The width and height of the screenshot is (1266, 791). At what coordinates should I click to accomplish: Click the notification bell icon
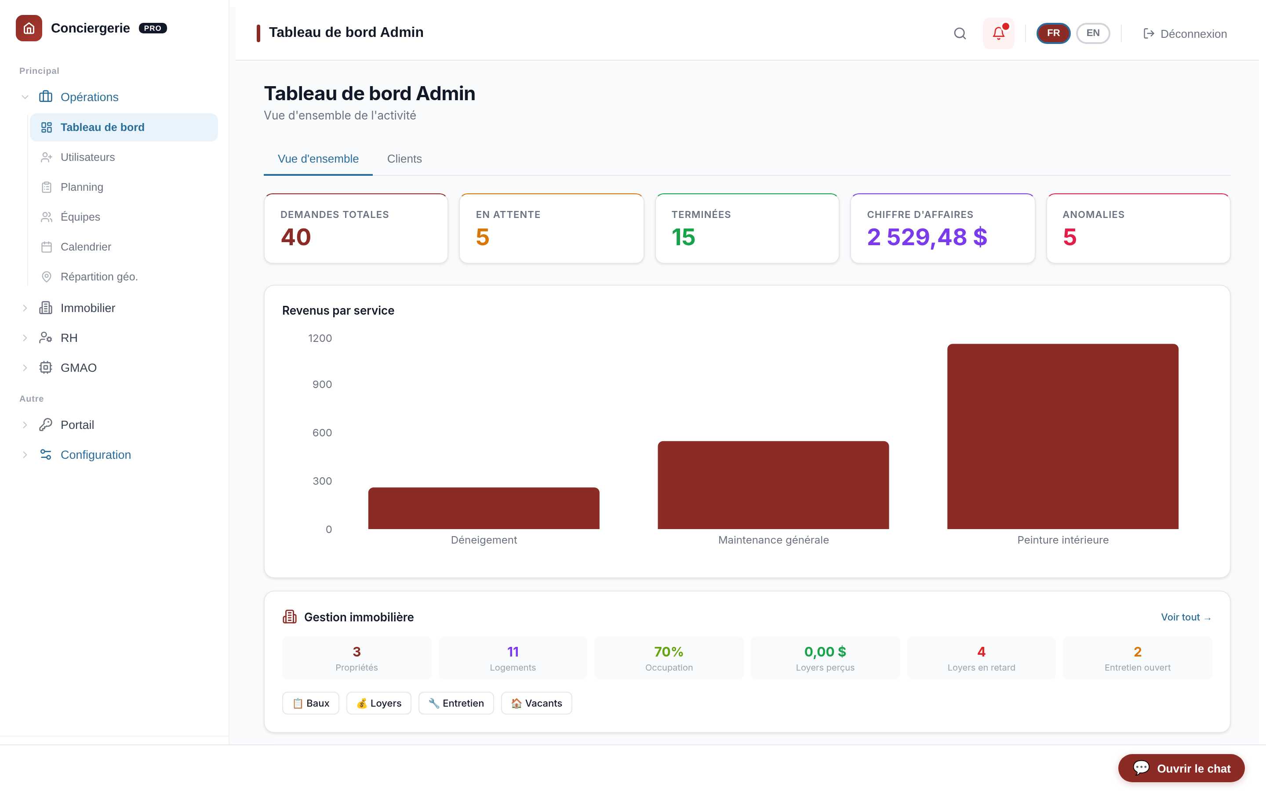pyautogui.click(x=998, y=33)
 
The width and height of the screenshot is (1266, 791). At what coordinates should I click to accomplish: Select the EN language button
pyautogui.click(x=1093, y=33)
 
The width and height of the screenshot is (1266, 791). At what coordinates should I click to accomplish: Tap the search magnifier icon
pyautogui.click(x=960, y=33)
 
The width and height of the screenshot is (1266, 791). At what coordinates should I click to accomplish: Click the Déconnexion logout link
pyautogui.click(x=1185, y=34)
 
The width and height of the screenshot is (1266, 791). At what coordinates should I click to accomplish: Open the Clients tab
pyautogui.click(x=404, y=159)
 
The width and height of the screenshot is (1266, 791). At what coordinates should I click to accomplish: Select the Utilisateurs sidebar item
pyautogui.click(x=87, y=157)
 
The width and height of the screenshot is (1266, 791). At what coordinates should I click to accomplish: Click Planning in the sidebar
pyautogui.click(x=82, y=187)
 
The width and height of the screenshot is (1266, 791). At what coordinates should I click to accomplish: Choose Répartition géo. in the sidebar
pyautogui.click(x=99, y=276)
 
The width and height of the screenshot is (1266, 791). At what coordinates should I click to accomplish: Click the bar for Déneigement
pyautogui.click(x=484, y=508)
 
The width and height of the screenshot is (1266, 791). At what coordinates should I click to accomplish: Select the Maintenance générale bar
pyautogui.click(x=773, y=485)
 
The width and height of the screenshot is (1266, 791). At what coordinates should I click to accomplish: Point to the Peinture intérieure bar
pyautogui.click(x=1062, y=436)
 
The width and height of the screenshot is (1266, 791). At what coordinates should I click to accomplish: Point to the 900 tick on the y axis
pyautogui.click(x=322, y=385)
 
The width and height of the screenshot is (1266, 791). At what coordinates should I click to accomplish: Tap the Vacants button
pyautogui.click(x=536, y=703)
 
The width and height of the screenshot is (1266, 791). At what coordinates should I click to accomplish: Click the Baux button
pyautogui.click(x=311, y=703)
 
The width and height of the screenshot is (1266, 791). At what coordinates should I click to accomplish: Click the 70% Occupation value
pyautogui.click(x=669, y=652)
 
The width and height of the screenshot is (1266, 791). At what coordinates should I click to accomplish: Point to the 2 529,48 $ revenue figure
pyautogui.click(x=927, y=237)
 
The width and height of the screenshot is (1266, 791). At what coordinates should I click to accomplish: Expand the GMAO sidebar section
pyautogui.click(x=78, y=368)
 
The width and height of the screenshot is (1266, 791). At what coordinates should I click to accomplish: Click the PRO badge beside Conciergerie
pyautogui.click(x=153, y=28)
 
